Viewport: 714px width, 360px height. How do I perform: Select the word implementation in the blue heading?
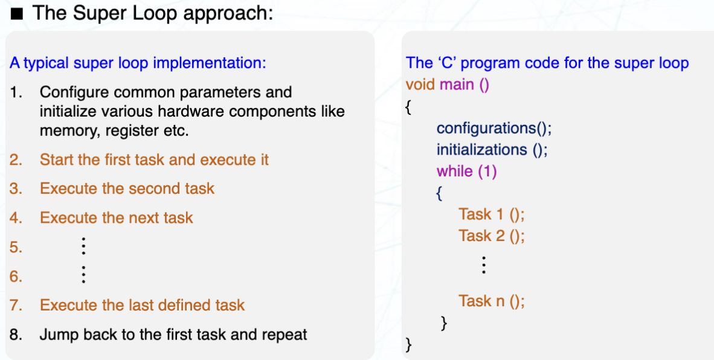pyautogui.click(x=210, y=63)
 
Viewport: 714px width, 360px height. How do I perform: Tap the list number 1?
pyautogui.click(x=15, y=92)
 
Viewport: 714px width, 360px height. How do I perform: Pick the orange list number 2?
pyautogui.click(x=15, y=159)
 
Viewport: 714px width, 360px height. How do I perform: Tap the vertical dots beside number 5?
pyautogui.click(x=83, y=246)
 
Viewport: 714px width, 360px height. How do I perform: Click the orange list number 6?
pyautogui.click(x=15, y=276)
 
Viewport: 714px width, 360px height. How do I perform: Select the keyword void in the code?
pyautogui.click(x=420, y=85)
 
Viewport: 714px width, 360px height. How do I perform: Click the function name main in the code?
pyautogui.click(x=457, y=85)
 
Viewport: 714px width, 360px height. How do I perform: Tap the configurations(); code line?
pyautogui.click(x=494, y=128)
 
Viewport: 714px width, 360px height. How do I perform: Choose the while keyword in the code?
pyautogui.click(x=454, y=171)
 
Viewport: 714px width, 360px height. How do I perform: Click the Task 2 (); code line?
pyautogui.click(x=491, y=236)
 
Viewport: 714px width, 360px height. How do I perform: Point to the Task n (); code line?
pyautogui.click(x=491, y=301)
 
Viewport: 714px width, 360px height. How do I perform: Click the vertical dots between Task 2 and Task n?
pyautogui.click(x=484, y=265)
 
